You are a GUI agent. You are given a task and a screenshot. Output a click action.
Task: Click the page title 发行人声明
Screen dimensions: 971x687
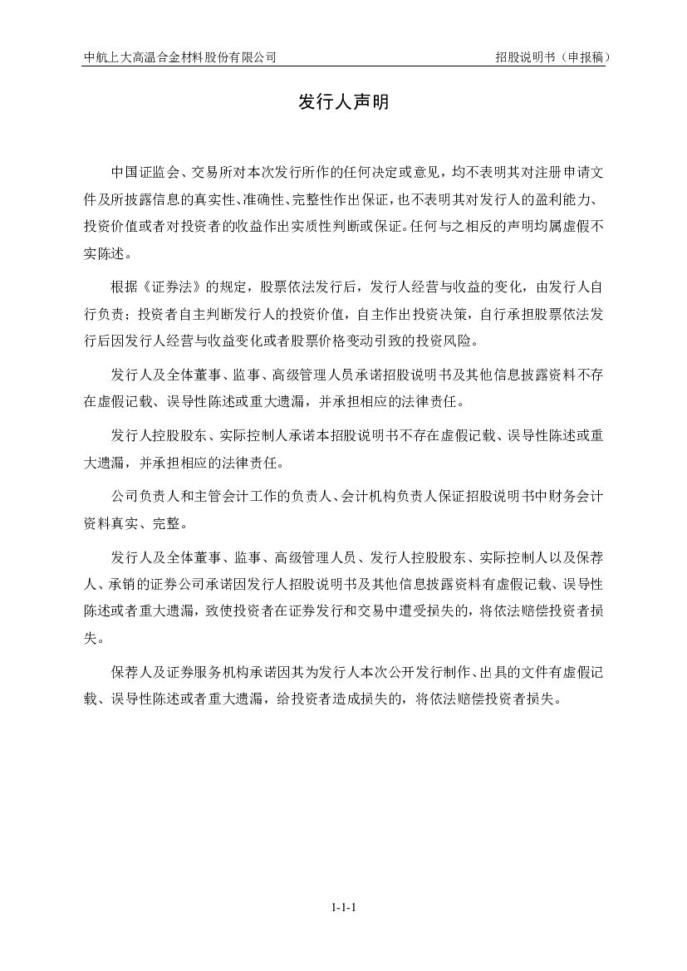tap(343, 102)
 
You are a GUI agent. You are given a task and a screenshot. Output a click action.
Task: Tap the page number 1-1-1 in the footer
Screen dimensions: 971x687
tap(343, 907)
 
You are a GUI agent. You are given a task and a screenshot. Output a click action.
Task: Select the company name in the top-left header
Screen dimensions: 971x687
tap(180, 57)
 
